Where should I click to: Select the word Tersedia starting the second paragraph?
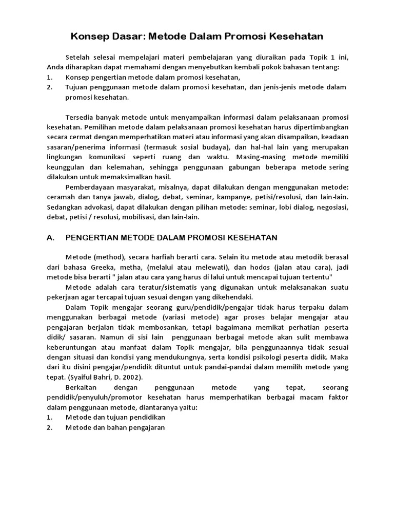(x=80, y=118)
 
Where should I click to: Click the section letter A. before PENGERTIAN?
(x=50, y=237)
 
